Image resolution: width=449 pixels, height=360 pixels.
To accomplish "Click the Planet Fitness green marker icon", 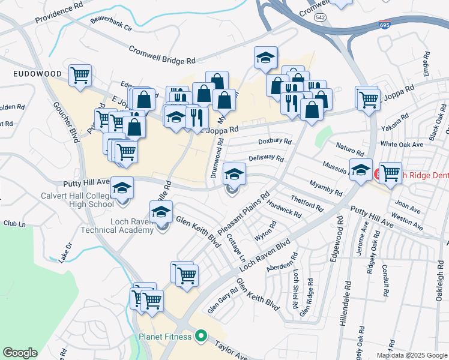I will pyautogui.click(x=201, y=337).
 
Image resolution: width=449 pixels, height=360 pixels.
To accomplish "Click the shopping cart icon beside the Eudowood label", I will pyautogui.click(x=80, y=76).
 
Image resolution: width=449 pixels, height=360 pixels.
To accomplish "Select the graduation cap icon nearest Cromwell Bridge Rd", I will pyautogui.click(x=265, y=58).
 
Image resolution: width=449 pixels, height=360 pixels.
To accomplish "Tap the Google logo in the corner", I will pyautogui.click(x=20, y=353).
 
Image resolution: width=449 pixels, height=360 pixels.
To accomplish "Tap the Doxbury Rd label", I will pyautogui.click(x=274, y=142).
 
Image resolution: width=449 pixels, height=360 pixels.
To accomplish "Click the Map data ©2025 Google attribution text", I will pyautogui.click(x=411, y=355).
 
